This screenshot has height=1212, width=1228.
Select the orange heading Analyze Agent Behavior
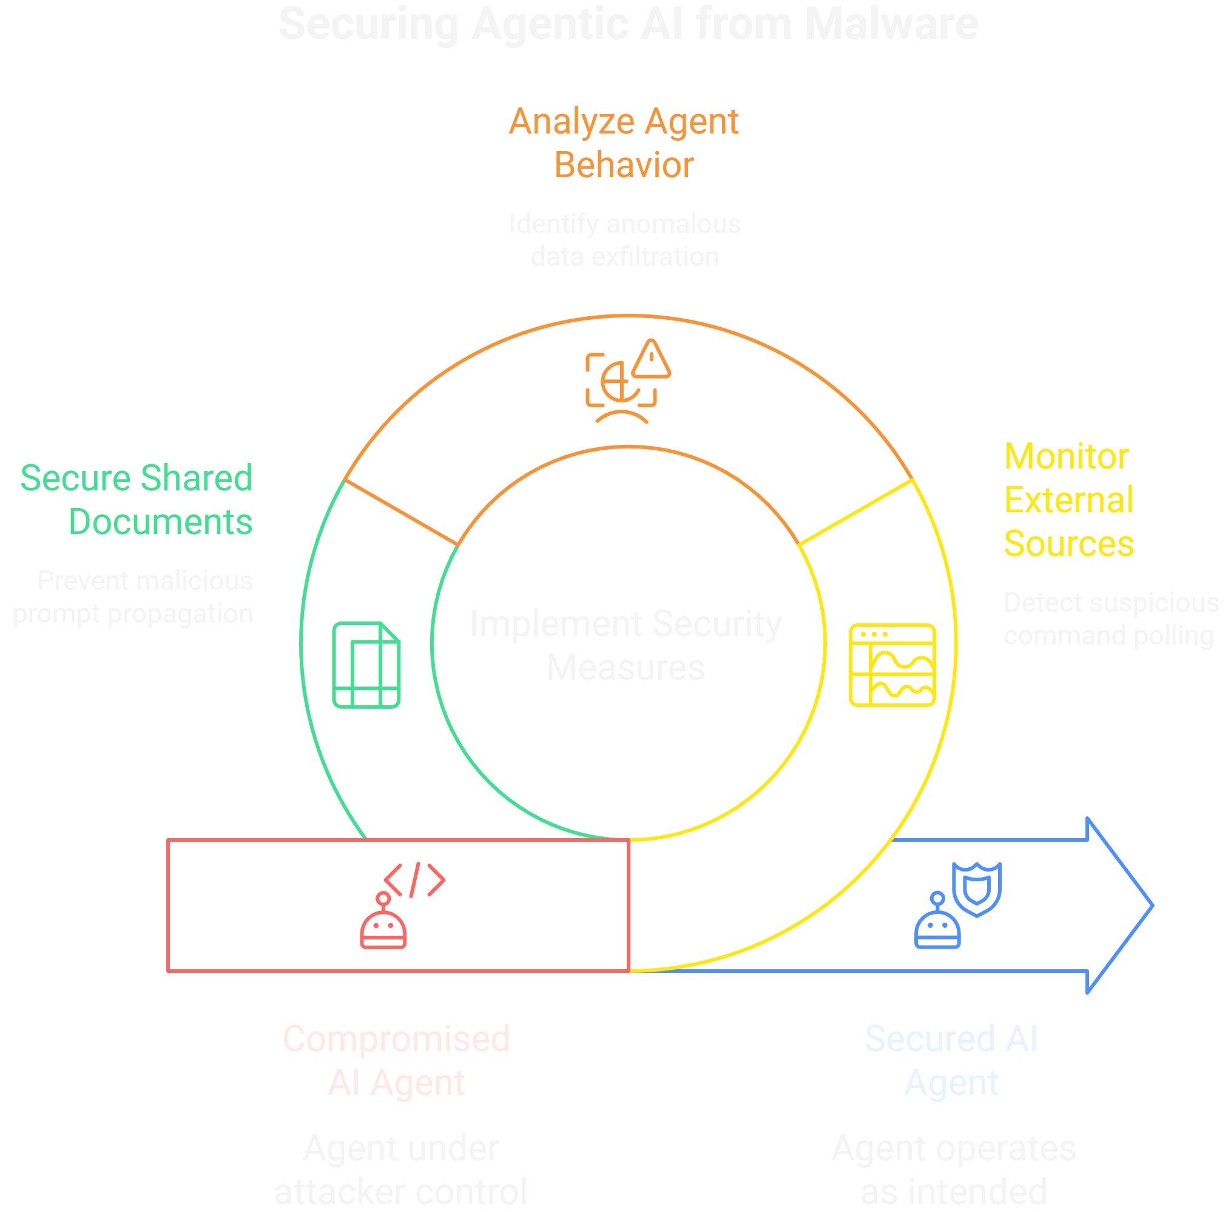(624, 143)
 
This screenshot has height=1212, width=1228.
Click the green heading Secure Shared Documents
(137, 500)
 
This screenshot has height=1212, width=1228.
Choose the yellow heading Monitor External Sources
(1068, 500)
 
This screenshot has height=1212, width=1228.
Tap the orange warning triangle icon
(651, 360)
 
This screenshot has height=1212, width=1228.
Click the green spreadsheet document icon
(366, 665)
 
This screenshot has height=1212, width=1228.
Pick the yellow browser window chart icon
(892, 665)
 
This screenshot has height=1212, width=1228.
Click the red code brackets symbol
(414, 880)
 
